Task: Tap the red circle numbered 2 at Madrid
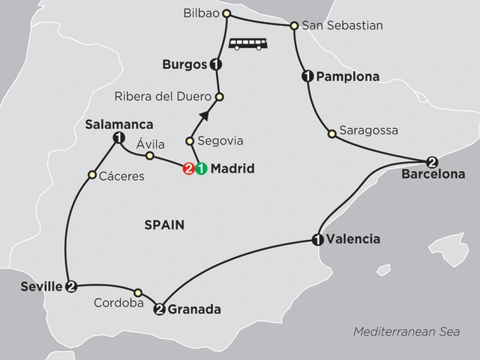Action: [189, 169]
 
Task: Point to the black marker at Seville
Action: [71, 286]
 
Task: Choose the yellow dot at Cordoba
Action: [138, 292]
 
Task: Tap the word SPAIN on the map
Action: [166, 224]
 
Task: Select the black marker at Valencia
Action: [317, 240]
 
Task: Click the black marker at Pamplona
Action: [307, 76]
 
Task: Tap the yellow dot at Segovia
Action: [190, 141]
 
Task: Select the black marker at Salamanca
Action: [118, 137]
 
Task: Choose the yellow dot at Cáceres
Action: [91, 175]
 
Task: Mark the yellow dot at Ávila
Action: [149, 156]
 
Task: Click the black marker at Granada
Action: [159, 308]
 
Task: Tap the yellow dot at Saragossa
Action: [331, 135]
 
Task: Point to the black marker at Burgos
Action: [216, 64]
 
